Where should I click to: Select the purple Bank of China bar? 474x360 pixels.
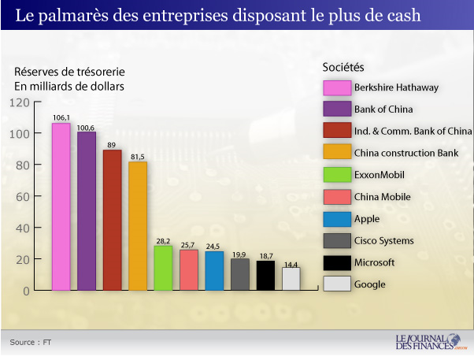(x=87, y=212)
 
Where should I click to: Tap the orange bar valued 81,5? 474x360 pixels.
(x=138, y=227)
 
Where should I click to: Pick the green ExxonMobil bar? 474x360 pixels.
(x=163, y=269)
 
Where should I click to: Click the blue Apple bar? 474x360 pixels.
(x=214, y=271)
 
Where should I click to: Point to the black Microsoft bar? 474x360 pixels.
(x=265, y=276)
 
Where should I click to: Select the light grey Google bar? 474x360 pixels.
(x=291, y=279)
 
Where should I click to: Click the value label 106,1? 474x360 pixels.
(x=61, y=117)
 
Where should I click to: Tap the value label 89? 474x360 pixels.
(x=112, y=144)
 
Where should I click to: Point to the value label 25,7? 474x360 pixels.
(x=189, y=245)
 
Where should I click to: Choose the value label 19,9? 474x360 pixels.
(x=240, y=254)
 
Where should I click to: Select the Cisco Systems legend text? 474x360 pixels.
(x=384, y=240)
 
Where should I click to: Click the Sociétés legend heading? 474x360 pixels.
(x=343, y=67)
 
